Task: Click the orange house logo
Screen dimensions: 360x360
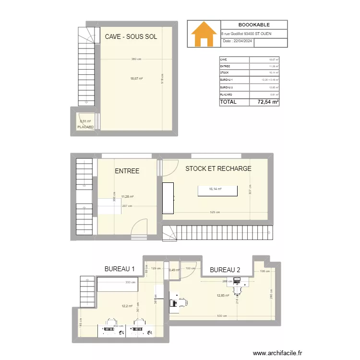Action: [204, 34]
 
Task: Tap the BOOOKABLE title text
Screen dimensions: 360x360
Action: [254, 25]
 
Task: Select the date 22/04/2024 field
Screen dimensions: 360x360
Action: [238, 42]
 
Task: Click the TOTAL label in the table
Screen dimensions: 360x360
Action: [228, 102]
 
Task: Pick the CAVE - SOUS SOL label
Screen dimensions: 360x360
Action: [131, 36]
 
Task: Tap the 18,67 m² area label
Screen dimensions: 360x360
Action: [136, 78]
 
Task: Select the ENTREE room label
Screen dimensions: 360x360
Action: [127, 171]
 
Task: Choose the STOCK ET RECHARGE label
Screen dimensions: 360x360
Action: [218, 168]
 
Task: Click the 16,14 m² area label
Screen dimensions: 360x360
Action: [215, 189]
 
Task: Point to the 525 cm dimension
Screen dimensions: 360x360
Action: [215, 213]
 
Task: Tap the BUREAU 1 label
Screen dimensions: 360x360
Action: [120, 269]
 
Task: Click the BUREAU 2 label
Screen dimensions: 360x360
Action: [225, 269]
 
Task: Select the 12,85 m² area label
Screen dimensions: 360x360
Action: [224, 296]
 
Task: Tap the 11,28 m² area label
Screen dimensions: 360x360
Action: [127, 196]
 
